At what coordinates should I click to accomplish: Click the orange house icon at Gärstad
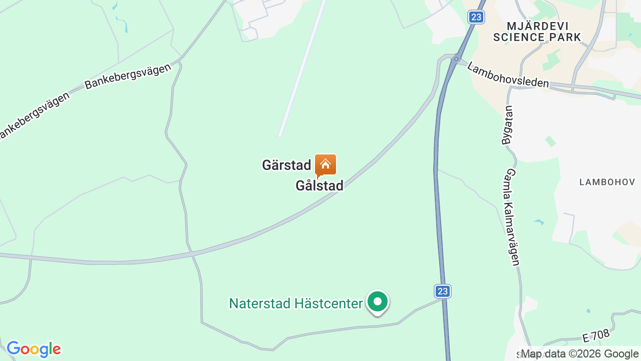326,164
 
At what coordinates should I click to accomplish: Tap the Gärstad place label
286,165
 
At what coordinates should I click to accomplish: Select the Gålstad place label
319,186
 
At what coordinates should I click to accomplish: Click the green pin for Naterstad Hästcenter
378,302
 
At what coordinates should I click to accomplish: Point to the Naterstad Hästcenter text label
295,303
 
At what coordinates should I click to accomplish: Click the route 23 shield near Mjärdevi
476,17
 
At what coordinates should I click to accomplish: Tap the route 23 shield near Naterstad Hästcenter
442,291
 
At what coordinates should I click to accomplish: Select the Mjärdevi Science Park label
537,32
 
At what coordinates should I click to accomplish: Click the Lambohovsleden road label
508,75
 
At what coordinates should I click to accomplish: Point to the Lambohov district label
607,182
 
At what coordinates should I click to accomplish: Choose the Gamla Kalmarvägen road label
512,217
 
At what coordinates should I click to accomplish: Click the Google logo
34,349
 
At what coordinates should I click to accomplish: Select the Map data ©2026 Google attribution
580,354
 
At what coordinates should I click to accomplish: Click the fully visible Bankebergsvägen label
128,77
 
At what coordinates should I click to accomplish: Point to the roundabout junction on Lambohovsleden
456,59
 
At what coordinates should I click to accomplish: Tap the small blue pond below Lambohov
539,221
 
